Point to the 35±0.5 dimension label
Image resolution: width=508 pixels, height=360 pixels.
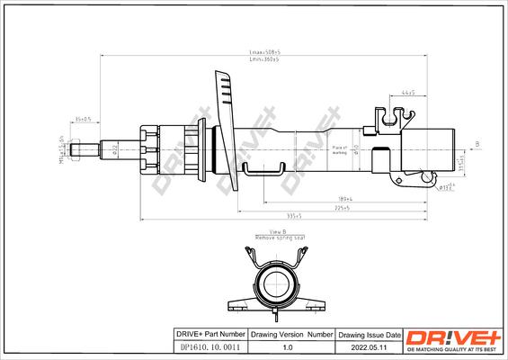click(x=85, y=119)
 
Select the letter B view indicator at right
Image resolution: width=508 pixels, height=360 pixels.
click(x=477, y=144)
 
